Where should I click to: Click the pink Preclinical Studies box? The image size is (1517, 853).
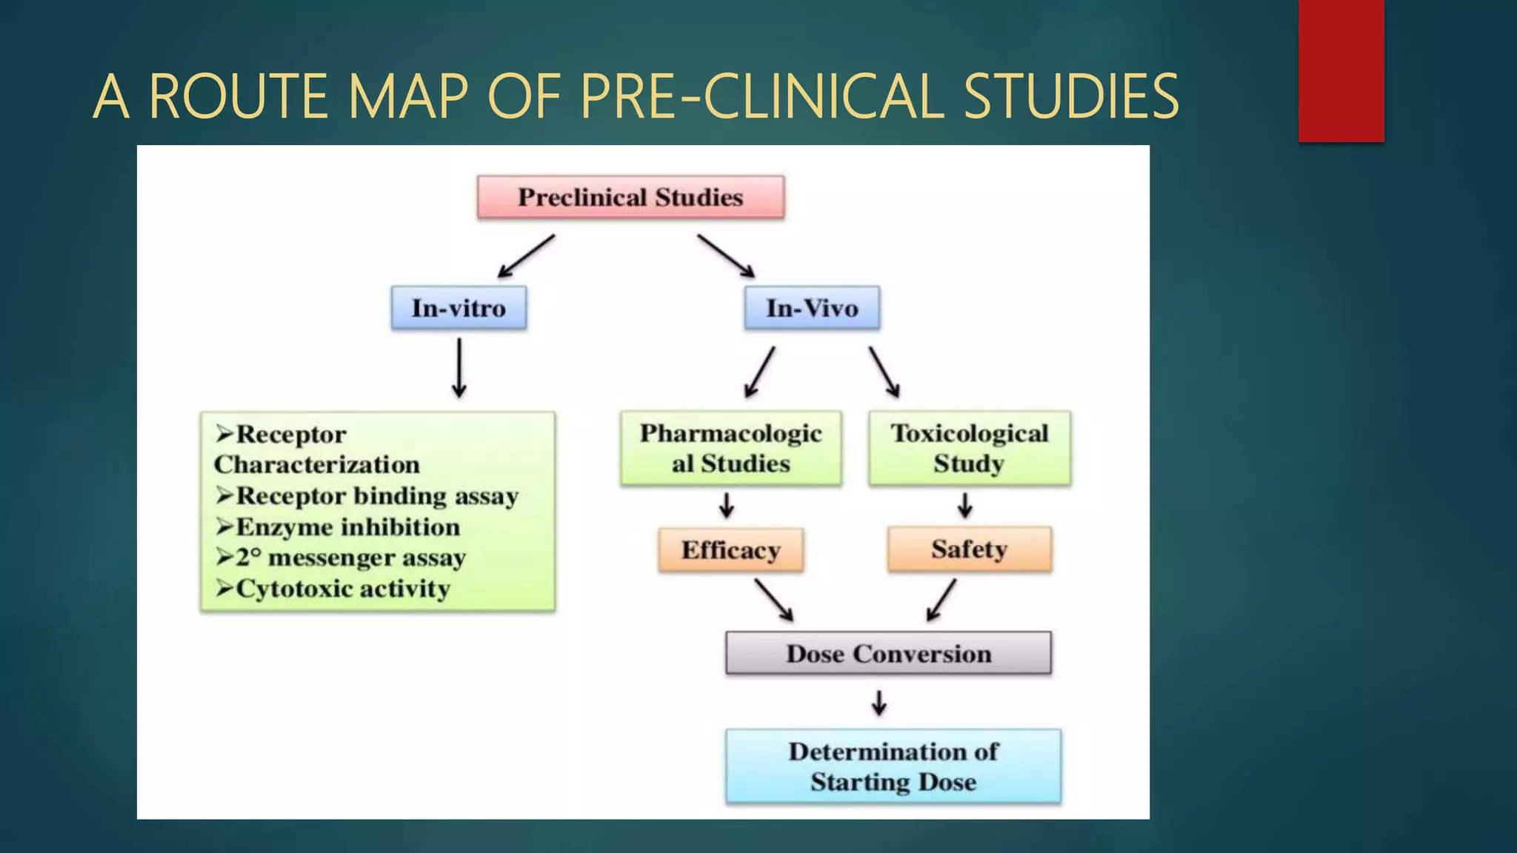pyautogui.click(x=630, y=197)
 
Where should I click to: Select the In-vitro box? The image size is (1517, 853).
pyautogui.click(x=459, y=307)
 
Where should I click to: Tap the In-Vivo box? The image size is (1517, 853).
pyautogui.click(x=812, y=307)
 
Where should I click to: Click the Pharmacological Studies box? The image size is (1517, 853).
pyautogui.click(x=731, y=448)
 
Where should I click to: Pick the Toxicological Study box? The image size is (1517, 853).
pyautogui.click(x=969, y=448)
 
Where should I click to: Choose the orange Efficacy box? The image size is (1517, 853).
pyautogui.click(x=730, y=550)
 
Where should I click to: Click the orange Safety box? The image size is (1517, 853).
pyautogui.click(x=969, y=549)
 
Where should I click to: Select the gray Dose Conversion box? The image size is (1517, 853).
pyautogui.click(x=888, y=653)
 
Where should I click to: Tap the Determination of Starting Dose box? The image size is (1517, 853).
pyautogui.click(x=893, y=766)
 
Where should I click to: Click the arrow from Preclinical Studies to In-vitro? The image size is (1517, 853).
pyautogui.click(x=526, y=256)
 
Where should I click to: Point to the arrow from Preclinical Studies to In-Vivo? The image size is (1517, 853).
pyautogui.click(x=726, y=256)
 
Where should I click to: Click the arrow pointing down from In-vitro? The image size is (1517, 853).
pyautogui.click(x=459, y=368)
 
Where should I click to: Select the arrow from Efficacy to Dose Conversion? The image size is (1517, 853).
pyautogui.click(x=774, y=600)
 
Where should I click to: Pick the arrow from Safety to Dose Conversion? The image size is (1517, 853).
pyautogui.click(x=941, y=600)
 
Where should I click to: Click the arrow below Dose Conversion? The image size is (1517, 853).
pyautogui.click(x=879, y=702)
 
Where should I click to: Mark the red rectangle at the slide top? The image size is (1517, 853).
pyautogui.click(x=1341, y=70)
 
